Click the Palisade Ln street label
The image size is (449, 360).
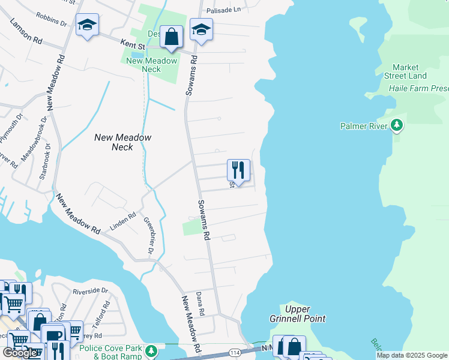223,10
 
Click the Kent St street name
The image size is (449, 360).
133,44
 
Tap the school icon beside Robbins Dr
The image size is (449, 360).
88,25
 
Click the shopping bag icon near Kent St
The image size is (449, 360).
172,36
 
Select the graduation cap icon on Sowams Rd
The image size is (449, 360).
202,29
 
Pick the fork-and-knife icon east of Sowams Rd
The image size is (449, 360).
238,170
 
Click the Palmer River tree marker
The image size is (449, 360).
396,125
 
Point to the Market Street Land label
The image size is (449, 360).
409,71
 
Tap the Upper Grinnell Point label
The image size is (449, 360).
305,314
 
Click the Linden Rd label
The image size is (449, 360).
123,221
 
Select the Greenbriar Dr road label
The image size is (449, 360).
149,234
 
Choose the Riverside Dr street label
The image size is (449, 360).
90,291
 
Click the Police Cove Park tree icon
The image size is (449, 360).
152,350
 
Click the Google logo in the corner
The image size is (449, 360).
19,353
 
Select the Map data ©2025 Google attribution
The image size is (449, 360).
412,355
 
